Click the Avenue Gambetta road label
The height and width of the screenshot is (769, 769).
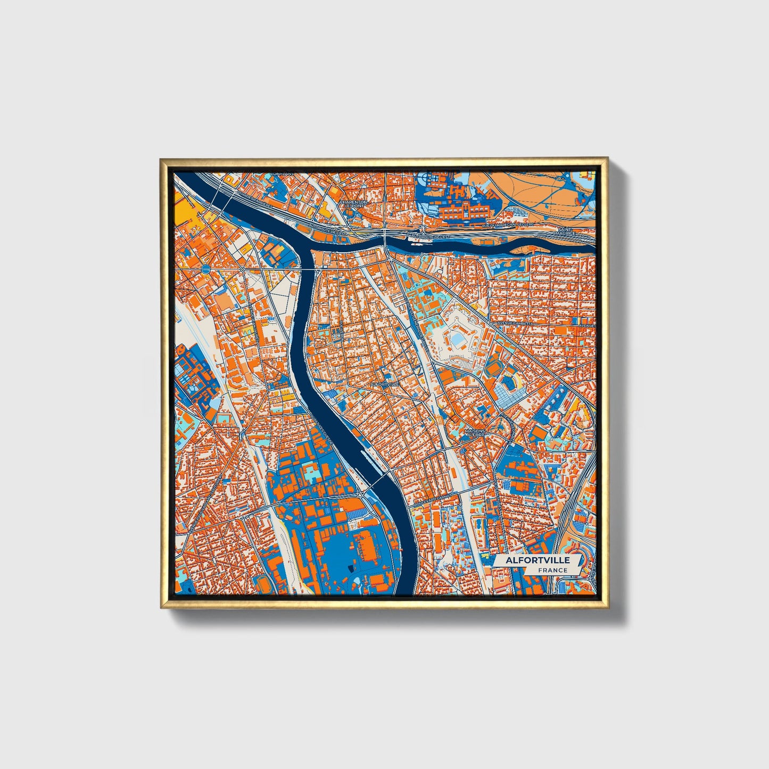(x=515, y=323)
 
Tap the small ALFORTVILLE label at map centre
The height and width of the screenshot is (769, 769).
(x=385, y=383)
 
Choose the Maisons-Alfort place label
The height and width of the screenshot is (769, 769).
(x=475, y=433)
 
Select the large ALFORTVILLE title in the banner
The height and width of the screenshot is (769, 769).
(x=538, y=560)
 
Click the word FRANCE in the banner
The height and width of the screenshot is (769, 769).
(x=552, y=570)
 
